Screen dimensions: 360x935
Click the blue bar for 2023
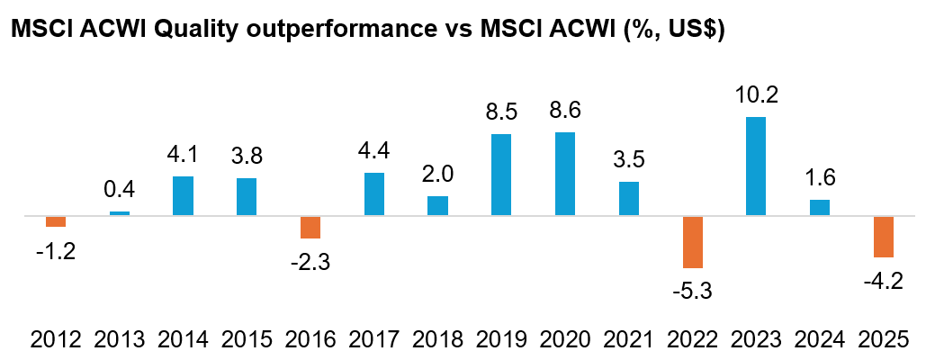[x=756, y=166]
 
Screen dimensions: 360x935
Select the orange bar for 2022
[x=692, y=242]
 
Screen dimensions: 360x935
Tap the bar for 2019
[x=501, y=175]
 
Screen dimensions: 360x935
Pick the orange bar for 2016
[x=310, y=227]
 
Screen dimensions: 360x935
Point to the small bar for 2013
[x=120, y=213]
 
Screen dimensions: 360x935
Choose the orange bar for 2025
[x=883, y=237]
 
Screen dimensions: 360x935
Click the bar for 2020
[x=565, y=174]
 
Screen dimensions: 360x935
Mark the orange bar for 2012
[x=56, y=221]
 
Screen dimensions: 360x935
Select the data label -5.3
[x=692, y=291]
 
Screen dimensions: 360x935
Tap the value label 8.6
[x=565, y=111]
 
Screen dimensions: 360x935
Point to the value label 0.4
[x=120, y=190]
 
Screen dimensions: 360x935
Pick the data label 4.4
[x=374, y=151]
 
